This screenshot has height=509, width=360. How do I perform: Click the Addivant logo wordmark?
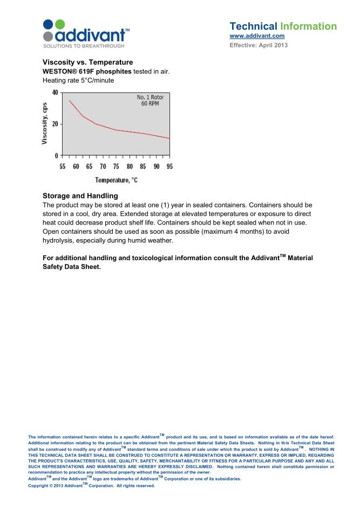[x=92, y=36]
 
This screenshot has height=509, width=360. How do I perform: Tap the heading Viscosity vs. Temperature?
[x=87, y=63]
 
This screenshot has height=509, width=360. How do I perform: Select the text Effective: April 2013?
[x=259, y=45]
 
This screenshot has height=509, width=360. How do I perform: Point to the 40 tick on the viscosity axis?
[x=55, y=93]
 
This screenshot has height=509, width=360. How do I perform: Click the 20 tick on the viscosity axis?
[x=55, y=124]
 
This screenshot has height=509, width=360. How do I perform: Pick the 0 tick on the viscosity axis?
[x=57, y=155]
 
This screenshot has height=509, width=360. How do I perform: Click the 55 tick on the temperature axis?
[x=63, y=166]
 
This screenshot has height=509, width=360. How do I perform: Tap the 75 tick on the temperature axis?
[x=116, y=166]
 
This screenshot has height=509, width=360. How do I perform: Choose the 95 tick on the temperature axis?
[x=169, y=166]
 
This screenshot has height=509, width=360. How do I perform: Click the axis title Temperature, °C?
[x=116, y=180]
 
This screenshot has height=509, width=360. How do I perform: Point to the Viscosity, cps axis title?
[x=46, y=124]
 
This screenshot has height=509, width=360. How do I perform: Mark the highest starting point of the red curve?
[x=69, y=100]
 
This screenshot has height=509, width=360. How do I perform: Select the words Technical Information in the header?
[x=283, y=26]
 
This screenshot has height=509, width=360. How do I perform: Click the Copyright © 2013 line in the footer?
[x=91, y=485]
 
